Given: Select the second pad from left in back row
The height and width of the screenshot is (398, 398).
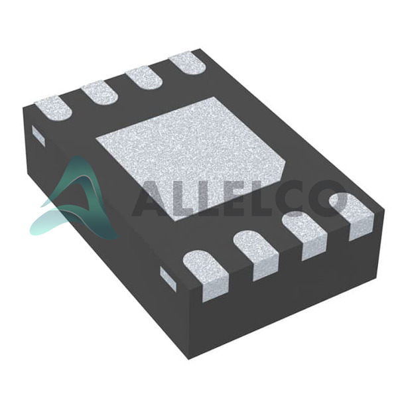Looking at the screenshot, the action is click(100, 93).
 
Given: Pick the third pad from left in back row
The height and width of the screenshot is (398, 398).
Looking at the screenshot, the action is click(145, 78).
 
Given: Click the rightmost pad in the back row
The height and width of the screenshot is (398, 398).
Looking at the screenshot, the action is click(188, 63).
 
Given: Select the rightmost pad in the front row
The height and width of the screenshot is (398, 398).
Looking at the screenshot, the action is click(352, 216).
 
